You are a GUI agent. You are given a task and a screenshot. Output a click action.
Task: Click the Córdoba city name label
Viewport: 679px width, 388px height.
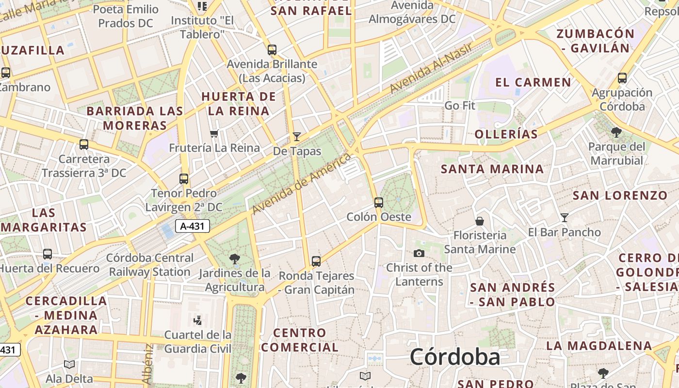tap(454, 357)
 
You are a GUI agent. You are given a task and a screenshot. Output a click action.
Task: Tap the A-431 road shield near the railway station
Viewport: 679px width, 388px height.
tap(192, 226)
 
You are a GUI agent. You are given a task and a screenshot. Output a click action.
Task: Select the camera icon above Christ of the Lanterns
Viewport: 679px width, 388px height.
tap(419, 253)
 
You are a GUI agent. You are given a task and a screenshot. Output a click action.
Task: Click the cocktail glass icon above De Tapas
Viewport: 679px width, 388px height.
tap(297, 137)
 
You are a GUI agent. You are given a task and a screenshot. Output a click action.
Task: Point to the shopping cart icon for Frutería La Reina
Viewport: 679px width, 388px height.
tap(214, 133)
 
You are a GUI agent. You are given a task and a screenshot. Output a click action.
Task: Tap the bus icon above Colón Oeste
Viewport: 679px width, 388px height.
tap(379, 202)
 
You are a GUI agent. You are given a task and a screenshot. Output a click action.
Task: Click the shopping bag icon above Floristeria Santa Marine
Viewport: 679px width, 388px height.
tap(480, 221)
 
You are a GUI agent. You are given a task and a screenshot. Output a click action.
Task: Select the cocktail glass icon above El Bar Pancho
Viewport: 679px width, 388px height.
tap(564, 217)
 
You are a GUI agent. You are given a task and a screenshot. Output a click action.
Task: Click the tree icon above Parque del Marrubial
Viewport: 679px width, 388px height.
tap(616, 132)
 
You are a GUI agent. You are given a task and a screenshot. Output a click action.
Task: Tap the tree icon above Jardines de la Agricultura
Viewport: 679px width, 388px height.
tap(235, 259)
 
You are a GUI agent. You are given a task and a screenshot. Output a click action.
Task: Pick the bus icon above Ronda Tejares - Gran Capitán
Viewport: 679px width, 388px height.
tap(316, 261)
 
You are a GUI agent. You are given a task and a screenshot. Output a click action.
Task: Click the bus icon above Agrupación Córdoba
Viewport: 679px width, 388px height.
tap(622, 78)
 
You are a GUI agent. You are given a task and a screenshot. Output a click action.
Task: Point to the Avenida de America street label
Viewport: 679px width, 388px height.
tap(301, 184)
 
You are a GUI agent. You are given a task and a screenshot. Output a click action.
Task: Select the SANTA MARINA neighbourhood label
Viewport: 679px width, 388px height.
tap(492, 169)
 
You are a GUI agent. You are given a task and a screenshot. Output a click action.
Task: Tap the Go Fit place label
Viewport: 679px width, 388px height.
tap(460, 105)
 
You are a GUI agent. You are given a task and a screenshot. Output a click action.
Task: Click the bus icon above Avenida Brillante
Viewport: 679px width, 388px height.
tap(272, 49)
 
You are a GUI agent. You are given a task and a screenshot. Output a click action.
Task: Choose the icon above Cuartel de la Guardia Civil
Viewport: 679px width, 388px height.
tap(197, 320)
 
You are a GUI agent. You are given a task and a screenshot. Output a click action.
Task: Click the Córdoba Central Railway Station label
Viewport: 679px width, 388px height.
tap(150, 265)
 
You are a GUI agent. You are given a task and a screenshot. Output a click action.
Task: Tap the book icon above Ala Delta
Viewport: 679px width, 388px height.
tap(69, 364)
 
